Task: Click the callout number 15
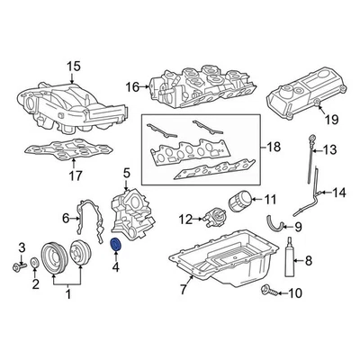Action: (x=73, y=66)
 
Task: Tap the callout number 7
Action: (x=183, y=290)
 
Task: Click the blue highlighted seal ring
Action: (x=115, y=245)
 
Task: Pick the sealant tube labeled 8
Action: (x=288, y=263)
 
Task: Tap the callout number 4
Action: (x=115, y=266)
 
